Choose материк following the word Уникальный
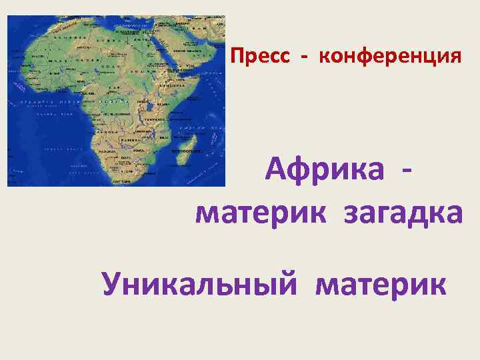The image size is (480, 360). pyautogui.click(x=382, y=285)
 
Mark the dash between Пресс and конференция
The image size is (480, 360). pyautogui.click(x=305, y=57)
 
